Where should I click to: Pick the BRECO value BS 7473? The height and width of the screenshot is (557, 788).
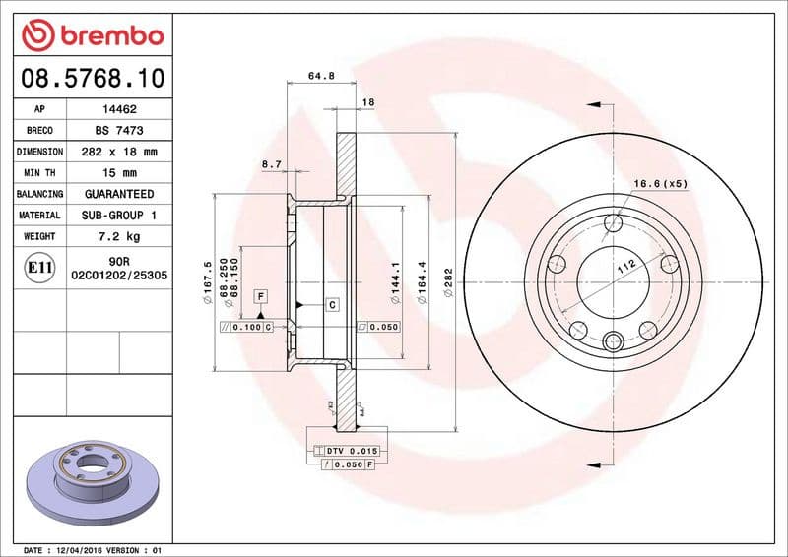[x=119, y=131]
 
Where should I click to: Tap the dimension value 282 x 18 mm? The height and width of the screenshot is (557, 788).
[x=119, y=153]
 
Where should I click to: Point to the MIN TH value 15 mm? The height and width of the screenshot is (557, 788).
[x=119, y=173]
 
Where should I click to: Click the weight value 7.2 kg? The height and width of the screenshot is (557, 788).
[x=119, y=236]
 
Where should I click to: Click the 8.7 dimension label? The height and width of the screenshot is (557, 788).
[x=271, y=164]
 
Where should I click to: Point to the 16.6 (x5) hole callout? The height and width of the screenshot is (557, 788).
[x=659, y=184]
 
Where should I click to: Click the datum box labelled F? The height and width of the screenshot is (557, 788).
[x=261, y=295]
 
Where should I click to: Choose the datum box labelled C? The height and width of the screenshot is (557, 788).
[x=332, y=305]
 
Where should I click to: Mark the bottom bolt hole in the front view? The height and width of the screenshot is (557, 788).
[x=613, y=341]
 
